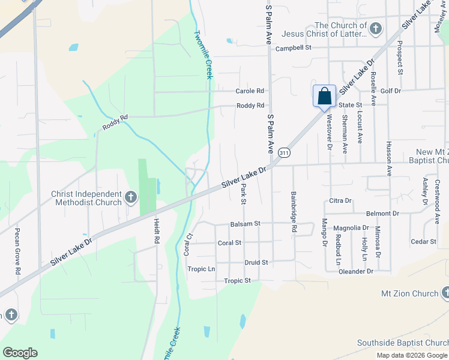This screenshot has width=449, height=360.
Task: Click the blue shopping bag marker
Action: [324, 96]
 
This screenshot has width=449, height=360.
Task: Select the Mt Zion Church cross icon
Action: [445, 293]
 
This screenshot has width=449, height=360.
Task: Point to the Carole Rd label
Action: [250, 91]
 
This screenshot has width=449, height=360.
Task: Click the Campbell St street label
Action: [294, 47]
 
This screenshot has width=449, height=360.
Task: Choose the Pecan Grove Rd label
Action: [18, 260]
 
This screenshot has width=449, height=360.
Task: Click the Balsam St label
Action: [245, 224]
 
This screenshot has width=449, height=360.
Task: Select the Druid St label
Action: [256, 263]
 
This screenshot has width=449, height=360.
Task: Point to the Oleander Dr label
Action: [355, 271]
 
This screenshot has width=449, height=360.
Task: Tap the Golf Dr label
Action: [390, 91]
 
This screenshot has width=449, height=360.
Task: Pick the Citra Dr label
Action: [340, 200]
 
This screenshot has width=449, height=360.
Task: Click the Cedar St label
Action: [424, 241]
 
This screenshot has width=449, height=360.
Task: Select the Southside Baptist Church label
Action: [402, 343]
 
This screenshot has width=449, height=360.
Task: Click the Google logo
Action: [20, 353]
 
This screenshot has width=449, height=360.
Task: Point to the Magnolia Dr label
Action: [351, 228]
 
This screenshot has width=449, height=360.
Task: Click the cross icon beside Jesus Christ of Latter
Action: [376, 29]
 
